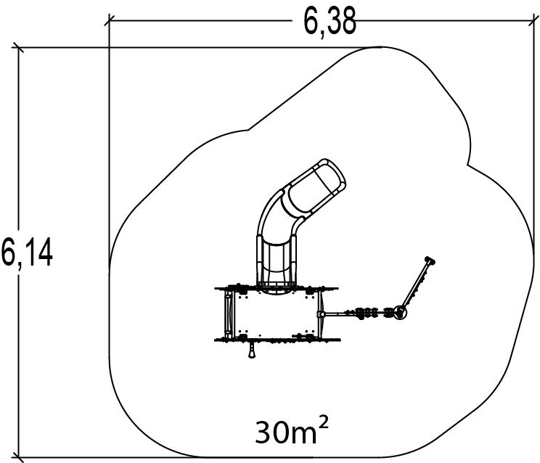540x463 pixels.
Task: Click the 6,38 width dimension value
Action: (330, 22)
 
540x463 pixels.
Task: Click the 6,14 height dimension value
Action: (27, 253)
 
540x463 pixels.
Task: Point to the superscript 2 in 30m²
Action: (324, 422)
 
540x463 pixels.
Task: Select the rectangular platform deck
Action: (276, 314)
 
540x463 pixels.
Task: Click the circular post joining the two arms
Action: (400, 313)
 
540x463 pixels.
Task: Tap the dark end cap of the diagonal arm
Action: (430, 261)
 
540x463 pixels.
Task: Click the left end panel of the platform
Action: (229, 314)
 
